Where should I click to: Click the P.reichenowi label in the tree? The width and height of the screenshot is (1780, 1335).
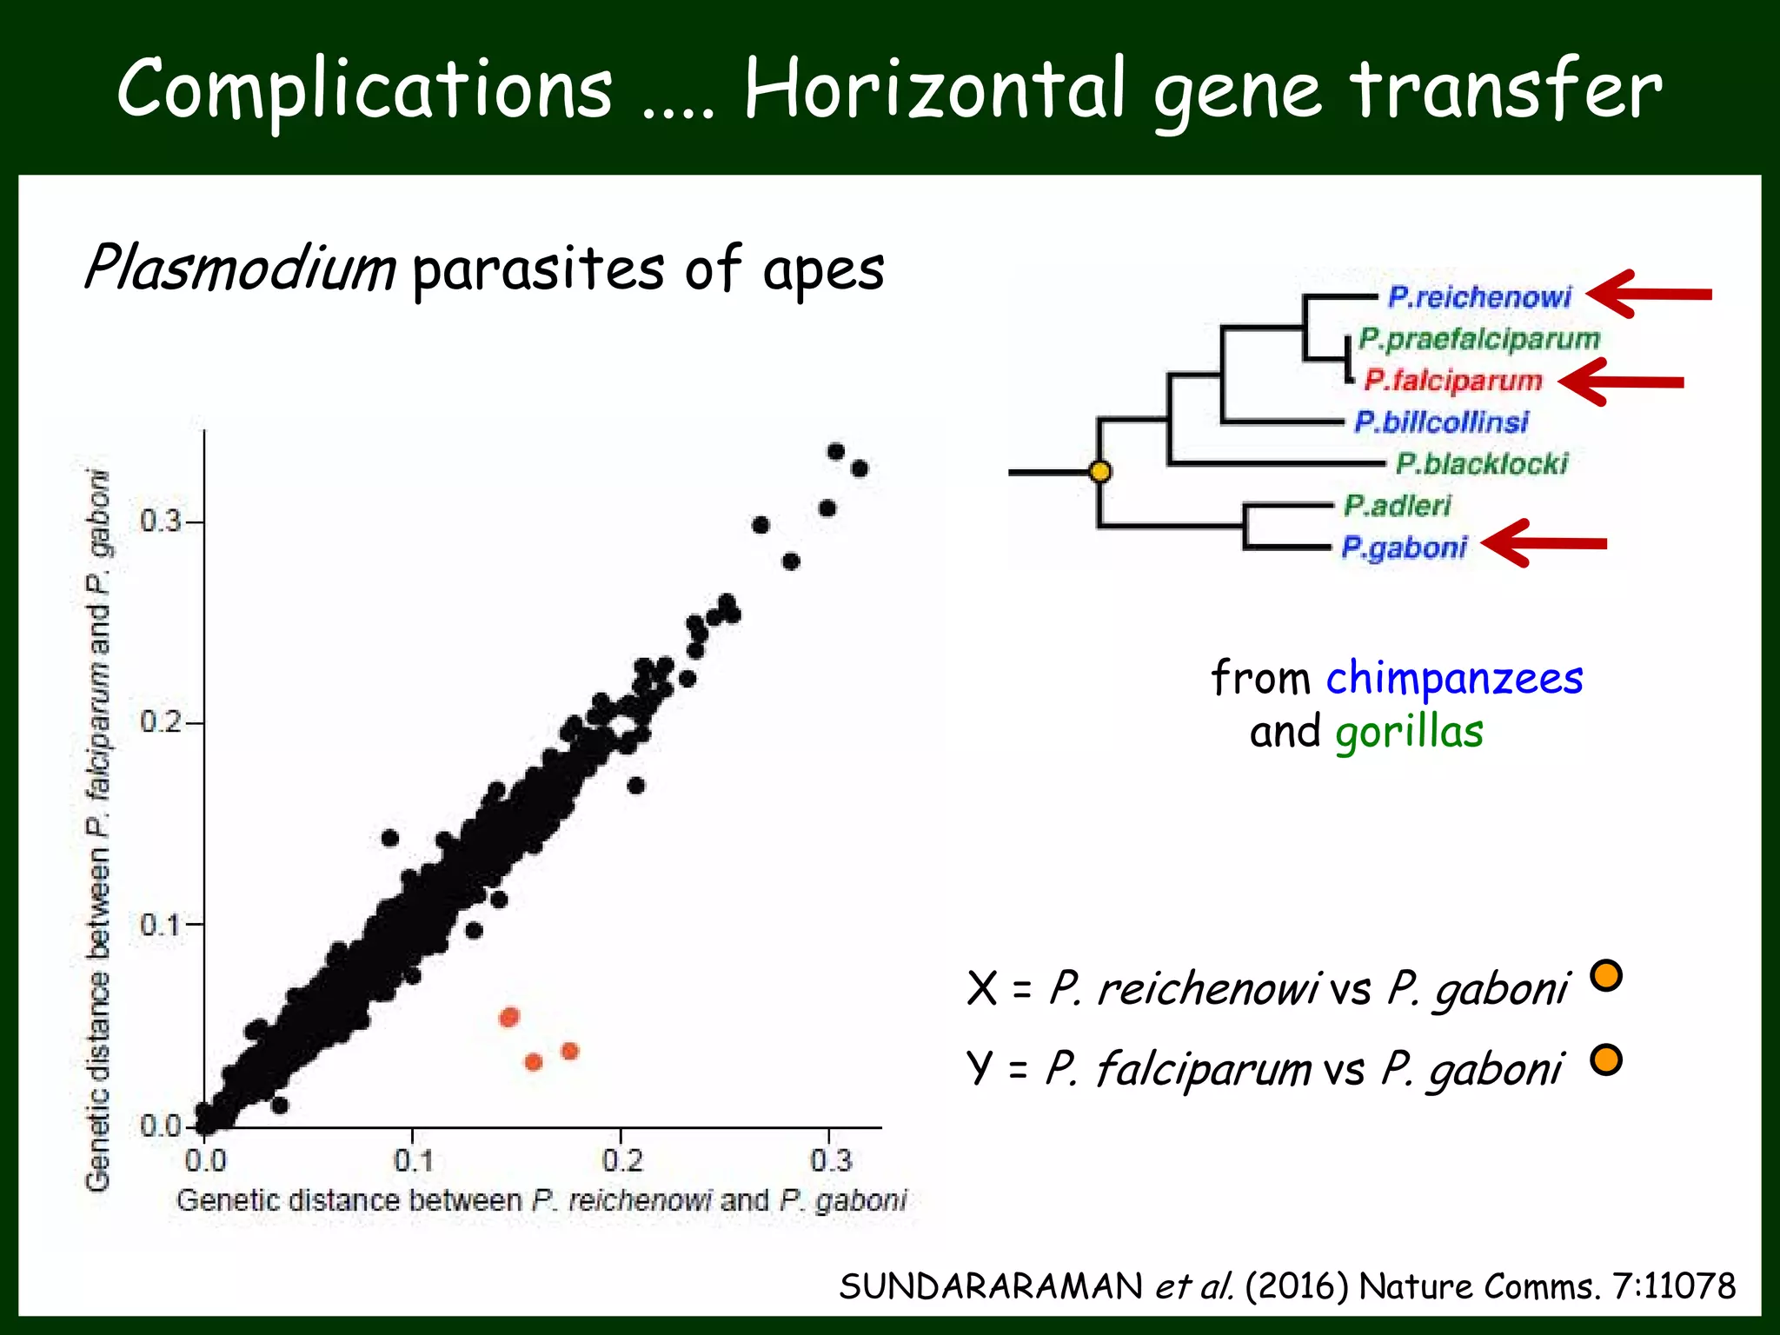point(1479,297)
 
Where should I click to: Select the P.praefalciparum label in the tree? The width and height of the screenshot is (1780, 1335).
point(1479,339)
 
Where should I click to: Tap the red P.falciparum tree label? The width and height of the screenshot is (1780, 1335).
point(1453,380)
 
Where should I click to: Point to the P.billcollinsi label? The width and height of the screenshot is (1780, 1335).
point(1441,422)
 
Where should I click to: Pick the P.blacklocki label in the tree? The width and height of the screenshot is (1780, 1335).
point(1482,463)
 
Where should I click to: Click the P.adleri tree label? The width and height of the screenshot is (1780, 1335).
point(1398,505)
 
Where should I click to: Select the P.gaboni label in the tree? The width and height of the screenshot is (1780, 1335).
point(1404,548)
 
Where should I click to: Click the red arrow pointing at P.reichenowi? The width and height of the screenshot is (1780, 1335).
point(1648,295)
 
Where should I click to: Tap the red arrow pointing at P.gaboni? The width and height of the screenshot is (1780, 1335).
point(1544,544)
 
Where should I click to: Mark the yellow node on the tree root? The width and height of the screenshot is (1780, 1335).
point(1100,472)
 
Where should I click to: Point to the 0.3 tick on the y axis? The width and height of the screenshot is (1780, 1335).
point(161,521)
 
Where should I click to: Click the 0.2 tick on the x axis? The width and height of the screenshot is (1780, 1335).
point(621,1159)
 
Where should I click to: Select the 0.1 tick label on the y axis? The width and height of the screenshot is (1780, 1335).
point(161,924)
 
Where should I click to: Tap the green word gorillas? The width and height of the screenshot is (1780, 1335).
point(1409,732)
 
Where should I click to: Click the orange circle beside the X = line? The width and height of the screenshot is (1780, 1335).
point(1605,975)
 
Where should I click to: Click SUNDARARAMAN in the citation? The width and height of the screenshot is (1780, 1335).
point(991,1286)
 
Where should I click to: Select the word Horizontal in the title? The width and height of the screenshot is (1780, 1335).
point(936,90)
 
